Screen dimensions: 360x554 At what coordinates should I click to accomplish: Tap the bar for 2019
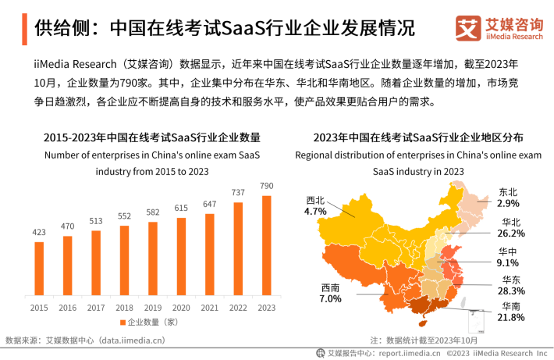point(153,260)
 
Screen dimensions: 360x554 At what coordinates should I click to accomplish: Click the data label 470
point(68,226)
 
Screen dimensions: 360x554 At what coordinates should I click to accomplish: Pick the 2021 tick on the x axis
point(210,308)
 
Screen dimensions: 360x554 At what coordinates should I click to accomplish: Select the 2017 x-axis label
point(96,308)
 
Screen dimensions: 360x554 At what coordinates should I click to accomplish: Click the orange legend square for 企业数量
point(122,323)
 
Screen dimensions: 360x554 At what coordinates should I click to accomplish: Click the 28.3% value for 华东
point(513,290)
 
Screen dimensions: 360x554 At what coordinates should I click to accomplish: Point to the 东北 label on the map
point(508,192)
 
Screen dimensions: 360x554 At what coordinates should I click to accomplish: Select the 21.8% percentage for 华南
point(513,317)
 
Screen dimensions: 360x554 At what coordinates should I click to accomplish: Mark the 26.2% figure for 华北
point(511,233)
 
